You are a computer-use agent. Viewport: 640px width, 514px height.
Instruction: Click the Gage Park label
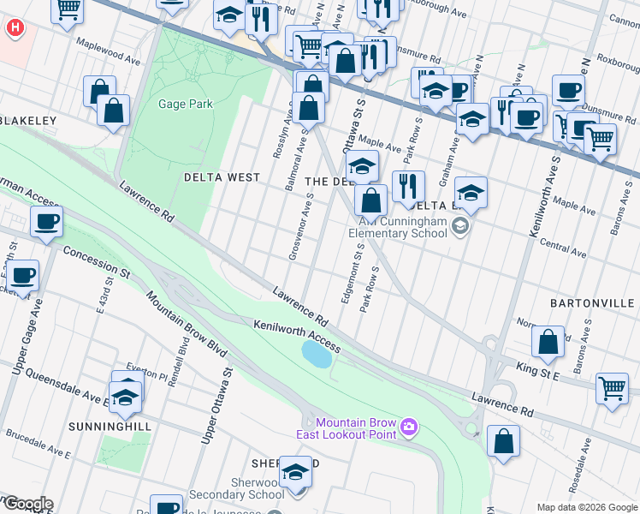[x=185, y=105]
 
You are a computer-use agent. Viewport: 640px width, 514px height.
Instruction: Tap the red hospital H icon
[x=15, y=27]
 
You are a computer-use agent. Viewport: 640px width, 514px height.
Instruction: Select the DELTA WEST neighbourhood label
[x=222, y=178]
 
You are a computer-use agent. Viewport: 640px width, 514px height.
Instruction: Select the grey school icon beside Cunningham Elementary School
[x=461, y=226]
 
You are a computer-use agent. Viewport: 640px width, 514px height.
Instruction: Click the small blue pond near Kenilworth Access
[x=316, y=353]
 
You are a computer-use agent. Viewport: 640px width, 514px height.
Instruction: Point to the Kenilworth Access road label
[x=297, y=337]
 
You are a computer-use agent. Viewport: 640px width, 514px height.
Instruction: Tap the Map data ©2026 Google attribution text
[x=586, y=507]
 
